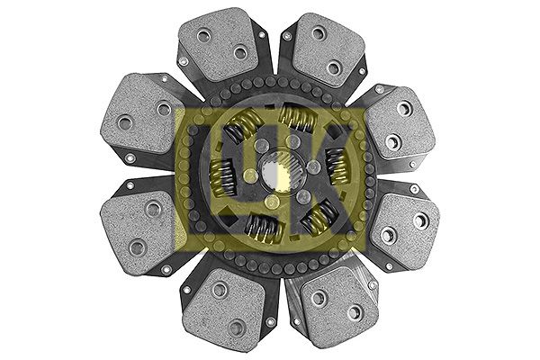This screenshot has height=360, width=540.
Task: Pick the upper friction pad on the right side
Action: pos(400,125)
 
